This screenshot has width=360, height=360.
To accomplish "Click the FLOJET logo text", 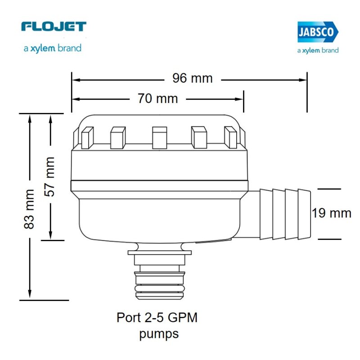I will (53, 27).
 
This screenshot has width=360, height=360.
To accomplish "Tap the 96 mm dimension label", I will (192, 78).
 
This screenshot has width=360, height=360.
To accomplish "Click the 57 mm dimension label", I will (49, 176).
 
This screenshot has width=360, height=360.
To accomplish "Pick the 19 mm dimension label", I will (332, 213).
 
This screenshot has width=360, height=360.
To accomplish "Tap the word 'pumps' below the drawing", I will (159, 334).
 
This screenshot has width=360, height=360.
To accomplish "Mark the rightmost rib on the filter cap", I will (230, 137).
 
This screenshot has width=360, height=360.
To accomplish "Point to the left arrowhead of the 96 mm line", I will (75, 80).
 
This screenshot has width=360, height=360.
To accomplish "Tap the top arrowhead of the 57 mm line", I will (50, 117).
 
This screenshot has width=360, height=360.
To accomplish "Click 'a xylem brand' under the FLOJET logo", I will (53, 48).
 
